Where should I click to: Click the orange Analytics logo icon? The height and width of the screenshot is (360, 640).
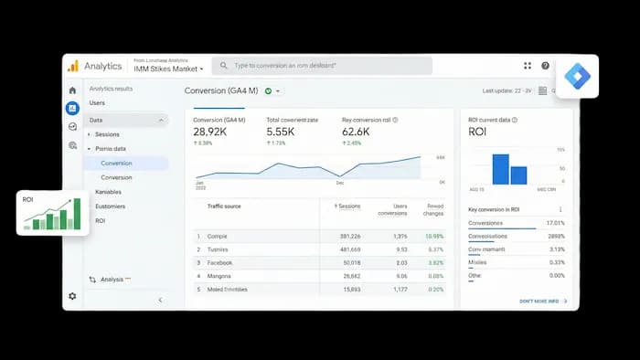(72, 66)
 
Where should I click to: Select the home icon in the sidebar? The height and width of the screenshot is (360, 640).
(72, 90)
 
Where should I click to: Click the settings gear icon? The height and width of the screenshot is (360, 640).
(72, 296)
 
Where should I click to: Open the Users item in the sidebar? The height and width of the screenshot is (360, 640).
(97, 103)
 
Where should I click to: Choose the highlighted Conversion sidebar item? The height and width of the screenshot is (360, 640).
(116, 163)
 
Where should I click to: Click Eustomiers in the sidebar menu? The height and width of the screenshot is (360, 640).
(111, 206)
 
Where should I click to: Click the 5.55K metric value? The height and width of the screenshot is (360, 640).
(280, 132)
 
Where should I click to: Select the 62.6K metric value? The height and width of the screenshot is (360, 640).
(357, 132)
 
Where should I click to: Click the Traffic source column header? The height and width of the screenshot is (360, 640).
(224, 206)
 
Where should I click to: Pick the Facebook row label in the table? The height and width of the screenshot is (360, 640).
(220, 262)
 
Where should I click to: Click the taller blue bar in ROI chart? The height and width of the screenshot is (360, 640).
(499, 169)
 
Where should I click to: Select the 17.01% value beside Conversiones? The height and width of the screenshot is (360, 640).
(555, 223)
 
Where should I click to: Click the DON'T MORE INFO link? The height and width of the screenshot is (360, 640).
(542, 301)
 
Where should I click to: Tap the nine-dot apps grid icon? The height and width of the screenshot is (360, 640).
(528, 66)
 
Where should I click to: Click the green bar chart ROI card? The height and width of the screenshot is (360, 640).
(52, 212)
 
